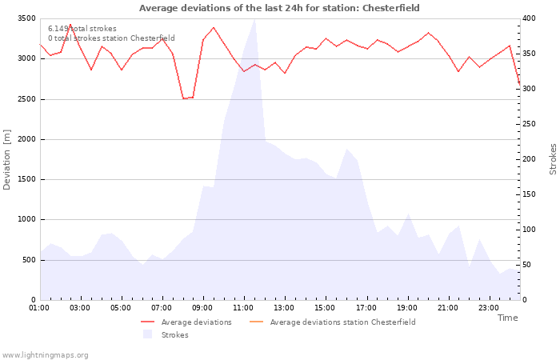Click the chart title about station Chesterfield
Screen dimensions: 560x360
279,8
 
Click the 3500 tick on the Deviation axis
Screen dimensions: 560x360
26,18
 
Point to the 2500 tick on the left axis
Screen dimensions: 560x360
26,99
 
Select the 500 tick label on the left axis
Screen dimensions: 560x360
29,260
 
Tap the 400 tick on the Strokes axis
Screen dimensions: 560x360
529,18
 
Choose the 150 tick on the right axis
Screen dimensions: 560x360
529,194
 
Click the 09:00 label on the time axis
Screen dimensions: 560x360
202,308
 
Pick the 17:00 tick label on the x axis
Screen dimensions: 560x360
366,308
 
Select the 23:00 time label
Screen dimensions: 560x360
489,308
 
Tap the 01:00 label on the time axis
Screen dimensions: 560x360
39,308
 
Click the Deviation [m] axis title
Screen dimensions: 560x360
6,160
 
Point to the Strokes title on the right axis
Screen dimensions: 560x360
553,159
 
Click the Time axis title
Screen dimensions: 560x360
508,318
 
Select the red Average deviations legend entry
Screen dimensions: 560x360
186,322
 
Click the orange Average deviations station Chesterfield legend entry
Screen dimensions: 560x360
333,322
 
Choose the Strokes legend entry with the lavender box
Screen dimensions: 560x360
166,335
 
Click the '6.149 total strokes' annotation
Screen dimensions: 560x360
82,29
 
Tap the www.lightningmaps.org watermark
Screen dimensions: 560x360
45,355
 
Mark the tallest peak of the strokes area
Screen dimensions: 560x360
254,19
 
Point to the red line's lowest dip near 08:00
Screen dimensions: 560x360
183,98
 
